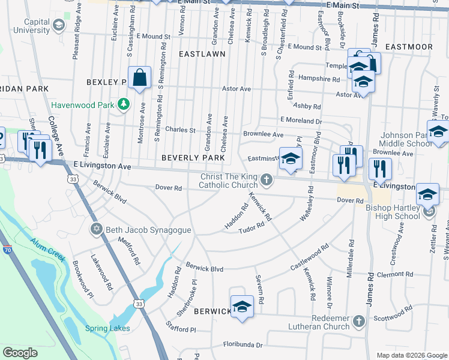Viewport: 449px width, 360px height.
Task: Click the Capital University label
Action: tap(28, 26)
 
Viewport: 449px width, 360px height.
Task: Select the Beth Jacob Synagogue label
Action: tap(140, 230)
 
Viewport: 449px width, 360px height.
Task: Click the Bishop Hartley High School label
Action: tap(393, 212)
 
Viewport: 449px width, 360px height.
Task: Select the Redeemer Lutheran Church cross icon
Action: tap(359, 322)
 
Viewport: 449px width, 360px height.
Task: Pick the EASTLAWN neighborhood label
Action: tap(202, 54)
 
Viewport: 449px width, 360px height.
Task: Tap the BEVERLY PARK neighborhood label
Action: tap(193, 158)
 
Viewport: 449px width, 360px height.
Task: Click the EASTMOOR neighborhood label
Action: tap(409, 46)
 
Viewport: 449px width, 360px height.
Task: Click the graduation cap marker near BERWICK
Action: tap(242, 307)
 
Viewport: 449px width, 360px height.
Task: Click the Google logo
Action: tap(20, 353)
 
